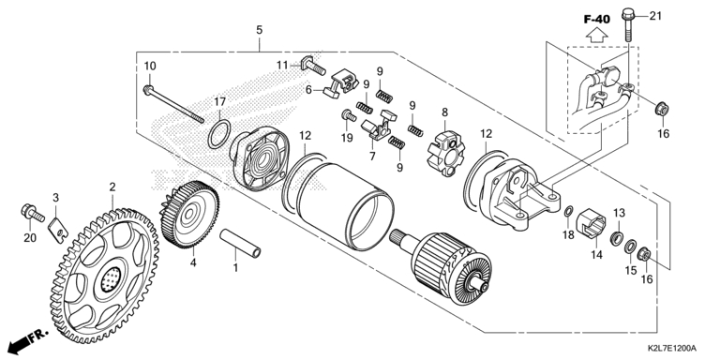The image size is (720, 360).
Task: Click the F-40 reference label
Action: pyautogui.click(x=597, y=20)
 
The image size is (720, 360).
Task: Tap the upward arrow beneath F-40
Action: pyautogui.click(x=597, y=35)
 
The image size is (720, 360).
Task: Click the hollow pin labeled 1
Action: pyautogui.click(x=240, y=244)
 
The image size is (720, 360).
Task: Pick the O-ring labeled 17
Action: pyautogui.click(x=219, y=135)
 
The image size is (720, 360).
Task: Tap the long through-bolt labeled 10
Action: pyautogui.click(x=173, y=104)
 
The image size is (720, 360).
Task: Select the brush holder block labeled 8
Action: pyautogui.click(x=446, y=154)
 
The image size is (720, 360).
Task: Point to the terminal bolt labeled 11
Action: pyautogui.click(x=313, y=66)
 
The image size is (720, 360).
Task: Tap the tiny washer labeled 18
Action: pyautogui.click(x=568, y=212)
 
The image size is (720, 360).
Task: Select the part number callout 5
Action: pyautogui.click(x=260, y=30)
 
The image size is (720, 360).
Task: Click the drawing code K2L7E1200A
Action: pyautogui.click(x=672, y=348)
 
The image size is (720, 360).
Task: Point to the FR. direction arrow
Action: pyautogui.click(x=27, y=338)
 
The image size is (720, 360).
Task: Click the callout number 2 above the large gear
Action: pyautogui.click(x=112, y=187)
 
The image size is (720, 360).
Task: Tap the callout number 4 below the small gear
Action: pyautogui.click(x=193, y=262)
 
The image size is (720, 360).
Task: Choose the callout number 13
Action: pyautogui.click(x=620, y=213)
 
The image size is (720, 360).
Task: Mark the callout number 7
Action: pyautogui.click(x=372, y=157)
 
